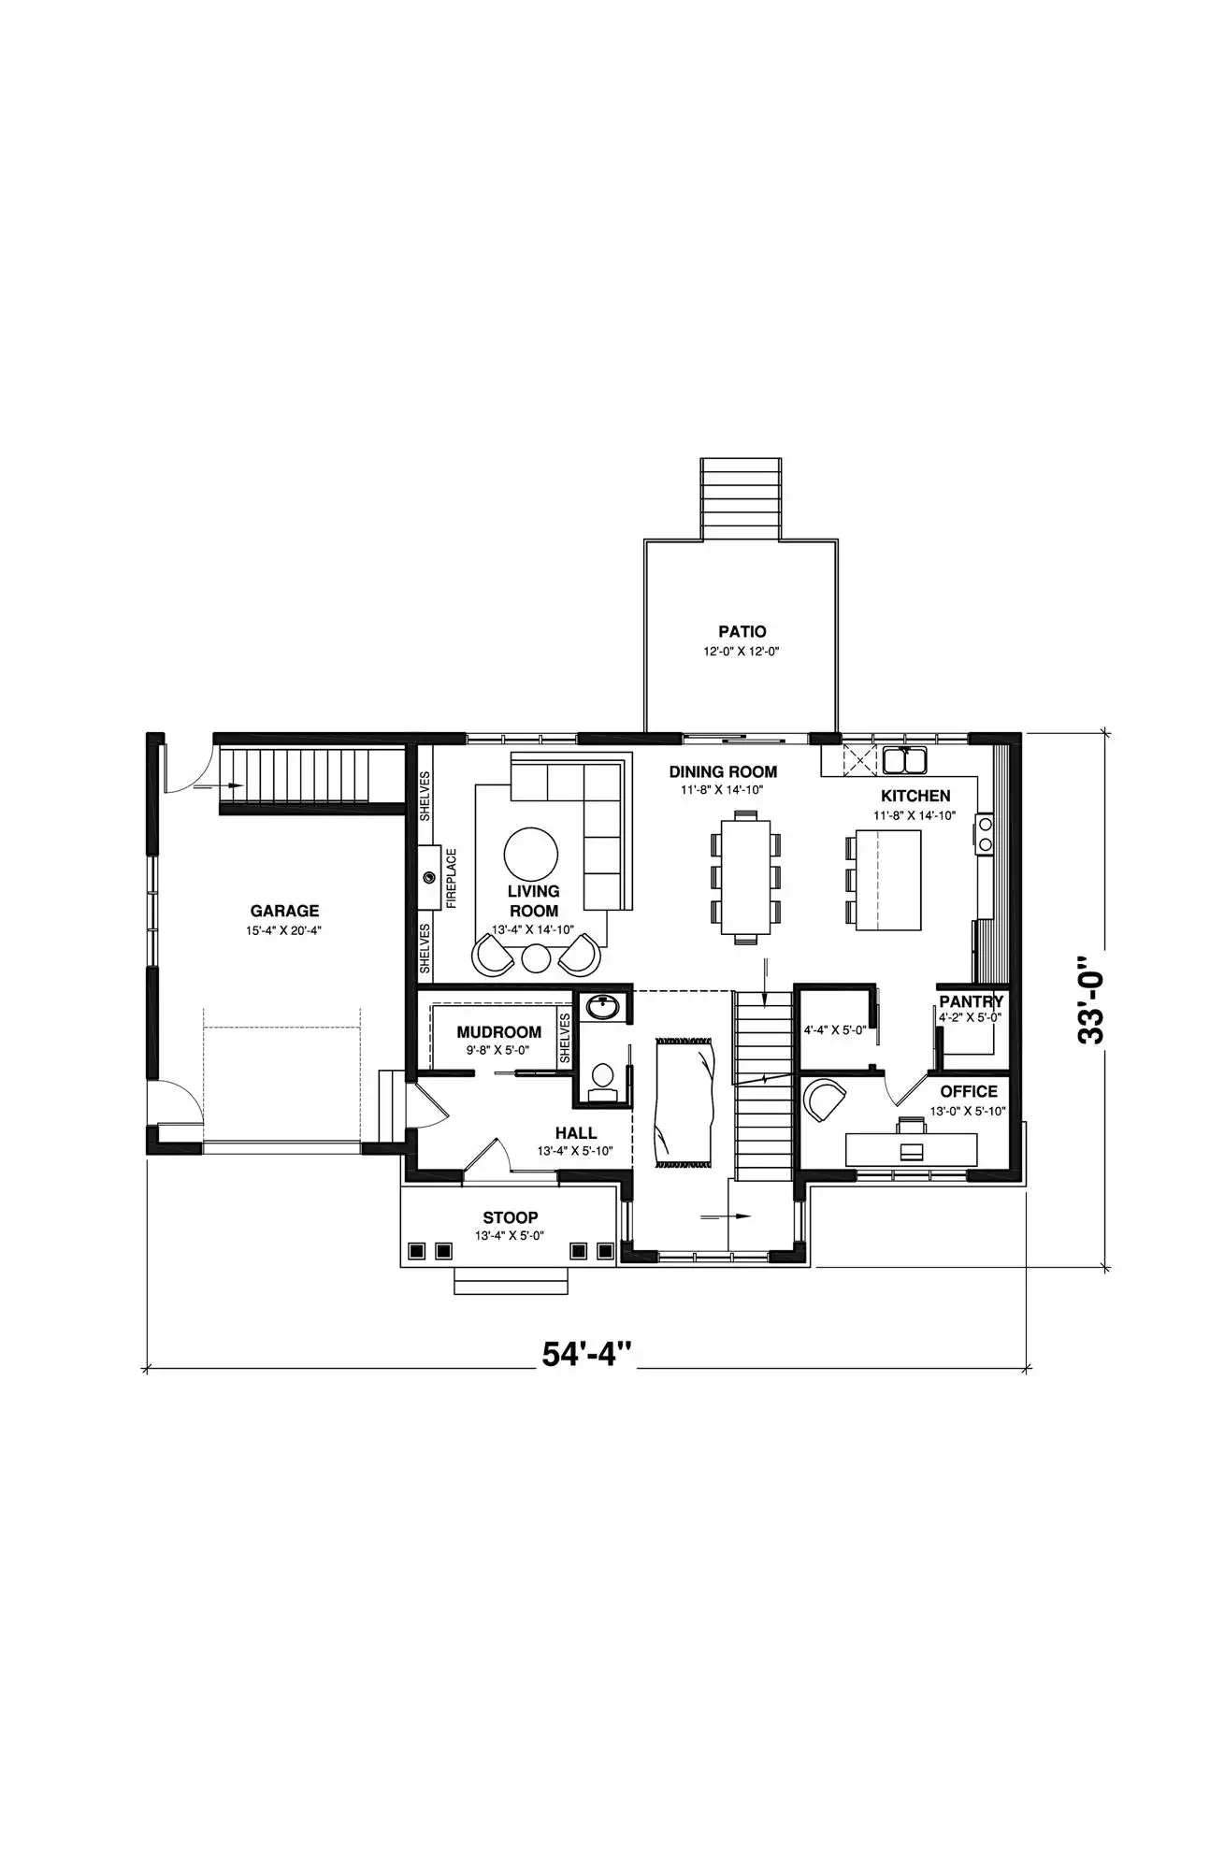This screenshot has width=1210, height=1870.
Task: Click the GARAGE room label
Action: (284, 911)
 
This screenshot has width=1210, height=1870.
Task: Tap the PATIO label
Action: (742, 632)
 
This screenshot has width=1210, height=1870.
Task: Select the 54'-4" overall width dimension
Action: (587, 1355)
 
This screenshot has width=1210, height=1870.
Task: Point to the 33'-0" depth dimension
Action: (1090, 1000)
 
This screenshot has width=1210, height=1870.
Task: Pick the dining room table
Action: (745, 876)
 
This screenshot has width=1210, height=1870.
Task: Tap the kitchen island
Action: (888, 880)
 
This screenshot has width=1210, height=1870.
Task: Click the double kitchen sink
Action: (904, 761)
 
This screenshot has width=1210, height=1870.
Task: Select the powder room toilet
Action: (603, 1078)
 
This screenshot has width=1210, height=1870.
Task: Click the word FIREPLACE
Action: (452, 878)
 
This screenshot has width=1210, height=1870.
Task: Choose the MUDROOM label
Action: (498, 1032)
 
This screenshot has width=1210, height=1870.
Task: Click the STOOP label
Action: (510, 1217)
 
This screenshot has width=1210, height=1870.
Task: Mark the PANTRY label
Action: (971, 1001)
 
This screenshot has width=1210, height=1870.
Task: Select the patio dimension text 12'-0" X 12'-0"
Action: (742, 652)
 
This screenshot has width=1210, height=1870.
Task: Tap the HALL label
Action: (576, 1133)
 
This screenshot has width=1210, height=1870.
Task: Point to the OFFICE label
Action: (969, 1091)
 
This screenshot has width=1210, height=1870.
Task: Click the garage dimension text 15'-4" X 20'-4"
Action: (284, 931)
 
